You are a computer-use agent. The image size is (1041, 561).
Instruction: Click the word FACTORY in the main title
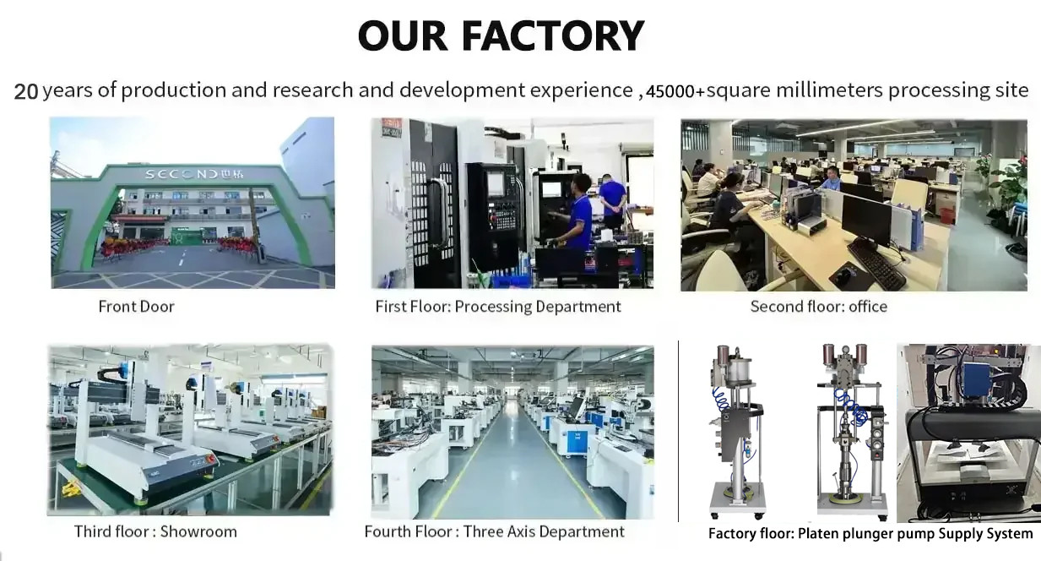coord(553,35)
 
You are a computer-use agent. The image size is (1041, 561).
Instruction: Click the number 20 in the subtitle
coord(26,91)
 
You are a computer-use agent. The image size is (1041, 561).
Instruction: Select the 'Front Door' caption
coord(136,306)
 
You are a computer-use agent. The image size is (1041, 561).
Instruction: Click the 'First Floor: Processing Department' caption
coord(498,306)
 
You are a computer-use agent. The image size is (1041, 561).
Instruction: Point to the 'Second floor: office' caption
coord(818,306)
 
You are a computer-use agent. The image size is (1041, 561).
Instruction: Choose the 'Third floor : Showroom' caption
coord(155,531)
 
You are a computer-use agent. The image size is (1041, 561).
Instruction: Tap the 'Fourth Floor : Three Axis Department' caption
coord(494,531)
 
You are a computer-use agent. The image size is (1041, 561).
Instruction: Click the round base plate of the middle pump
coord(854,499)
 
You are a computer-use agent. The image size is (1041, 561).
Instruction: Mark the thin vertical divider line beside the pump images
coord(679,431)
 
